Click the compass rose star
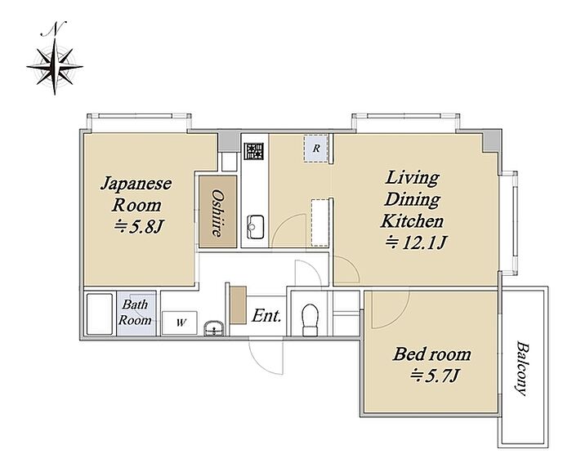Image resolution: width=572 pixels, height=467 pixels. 55,67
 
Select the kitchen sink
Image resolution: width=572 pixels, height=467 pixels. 255,227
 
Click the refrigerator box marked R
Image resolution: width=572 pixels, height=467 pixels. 316,149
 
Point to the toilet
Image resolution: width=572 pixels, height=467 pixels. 310,320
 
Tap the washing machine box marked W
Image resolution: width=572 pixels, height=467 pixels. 180,322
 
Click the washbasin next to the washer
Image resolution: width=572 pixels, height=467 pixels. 214,328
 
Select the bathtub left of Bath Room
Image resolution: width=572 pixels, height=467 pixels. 99,314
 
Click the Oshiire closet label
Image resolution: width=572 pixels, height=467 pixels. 218,213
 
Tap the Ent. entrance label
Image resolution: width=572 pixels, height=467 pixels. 266,316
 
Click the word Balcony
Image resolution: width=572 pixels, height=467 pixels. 522,368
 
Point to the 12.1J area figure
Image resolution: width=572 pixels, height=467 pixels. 416,242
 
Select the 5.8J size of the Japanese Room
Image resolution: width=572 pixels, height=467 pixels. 138,227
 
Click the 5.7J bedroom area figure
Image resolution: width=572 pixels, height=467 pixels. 434,375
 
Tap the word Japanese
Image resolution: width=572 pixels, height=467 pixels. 136,184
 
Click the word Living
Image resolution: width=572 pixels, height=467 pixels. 412,178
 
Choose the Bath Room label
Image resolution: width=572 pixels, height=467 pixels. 135,312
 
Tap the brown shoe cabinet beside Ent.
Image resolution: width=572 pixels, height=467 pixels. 239,305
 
